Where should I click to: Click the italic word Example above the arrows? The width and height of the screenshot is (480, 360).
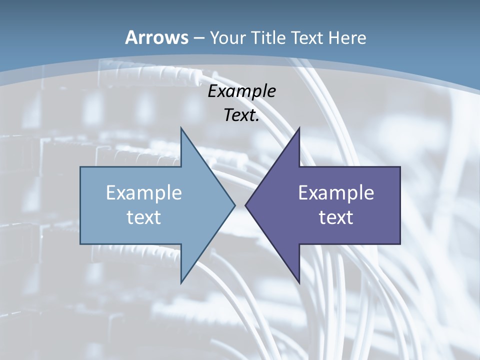point(241,91)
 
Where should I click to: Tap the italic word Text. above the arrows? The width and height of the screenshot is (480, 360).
point(241,115)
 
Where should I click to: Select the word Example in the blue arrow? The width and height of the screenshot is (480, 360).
point(144,192)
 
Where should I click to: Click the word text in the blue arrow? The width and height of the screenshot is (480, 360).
point(144,217)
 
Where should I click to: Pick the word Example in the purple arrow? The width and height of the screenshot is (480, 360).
point(336,192)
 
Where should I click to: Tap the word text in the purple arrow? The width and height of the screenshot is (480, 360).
point(336,217)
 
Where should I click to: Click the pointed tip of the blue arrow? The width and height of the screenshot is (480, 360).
point(234,205)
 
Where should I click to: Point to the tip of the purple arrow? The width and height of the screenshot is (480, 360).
point(246,205)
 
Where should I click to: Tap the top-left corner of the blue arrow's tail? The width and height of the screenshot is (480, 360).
point(81,167)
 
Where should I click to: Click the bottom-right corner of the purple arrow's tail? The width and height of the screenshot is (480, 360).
point(399,243)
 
